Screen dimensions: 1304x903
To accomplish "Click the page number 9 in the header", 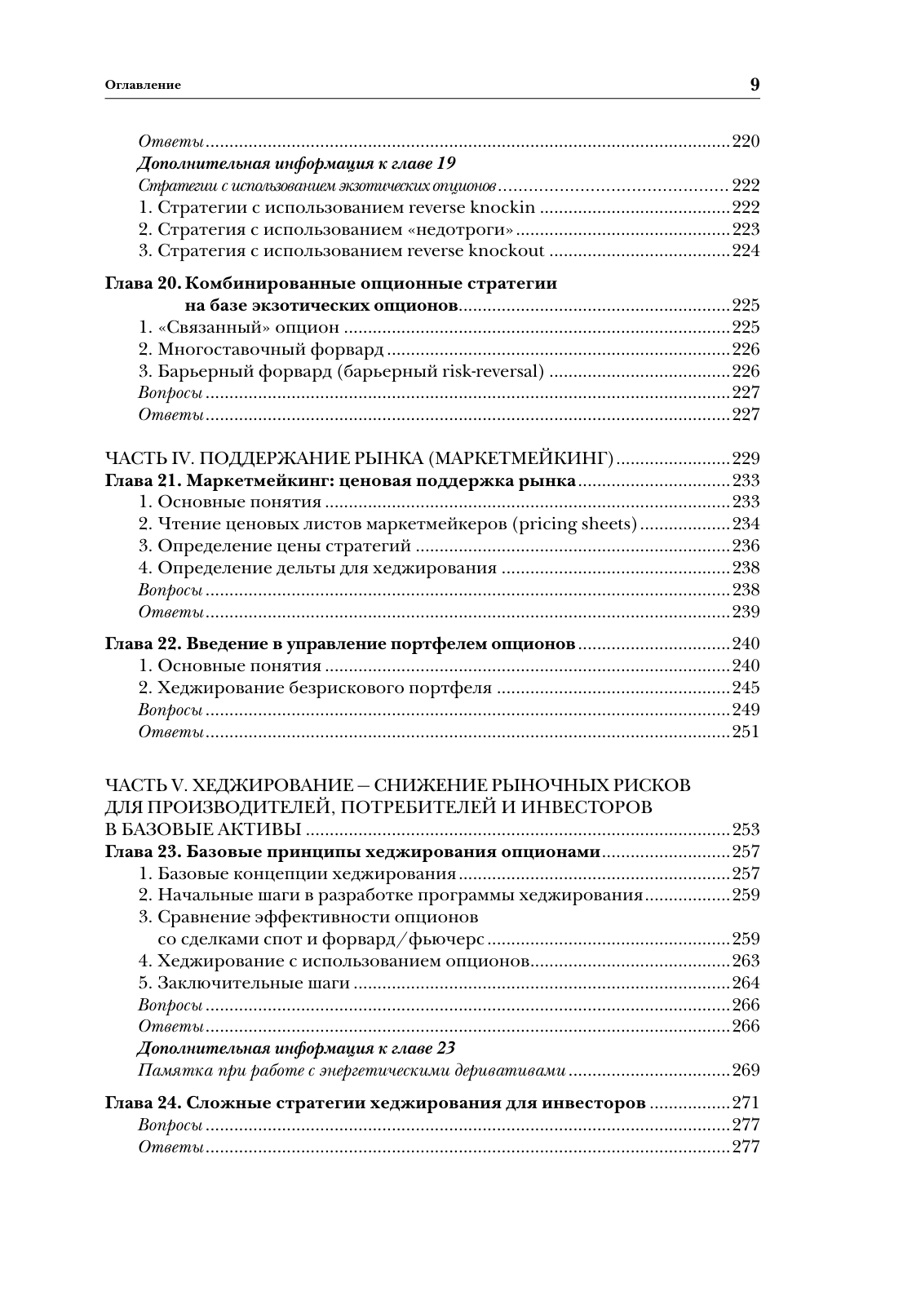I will point(754,84).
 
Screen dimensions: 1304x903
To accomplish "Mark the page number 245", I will point(746,688).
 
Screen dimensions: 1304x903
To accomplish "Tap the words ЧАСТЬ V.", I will point(147,785).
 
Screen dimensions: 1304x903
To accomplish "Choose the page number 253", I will point(746,830).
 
